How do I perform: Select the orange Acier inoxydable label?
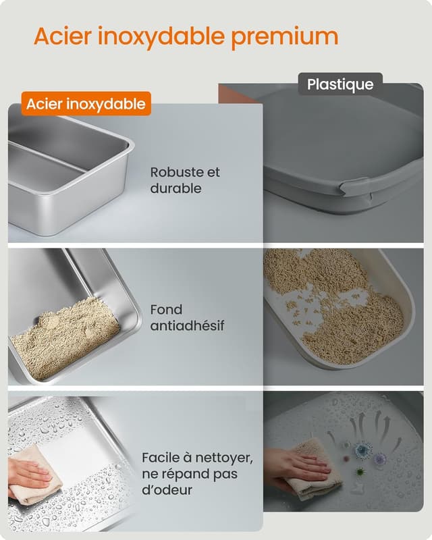(86, 104)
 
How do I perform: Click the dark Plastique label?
(340, 84)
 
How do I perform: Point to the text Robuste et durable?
(185, 180)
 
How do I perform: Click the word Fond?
(166, 310)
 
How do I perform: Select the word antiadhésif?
(187, 326)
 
